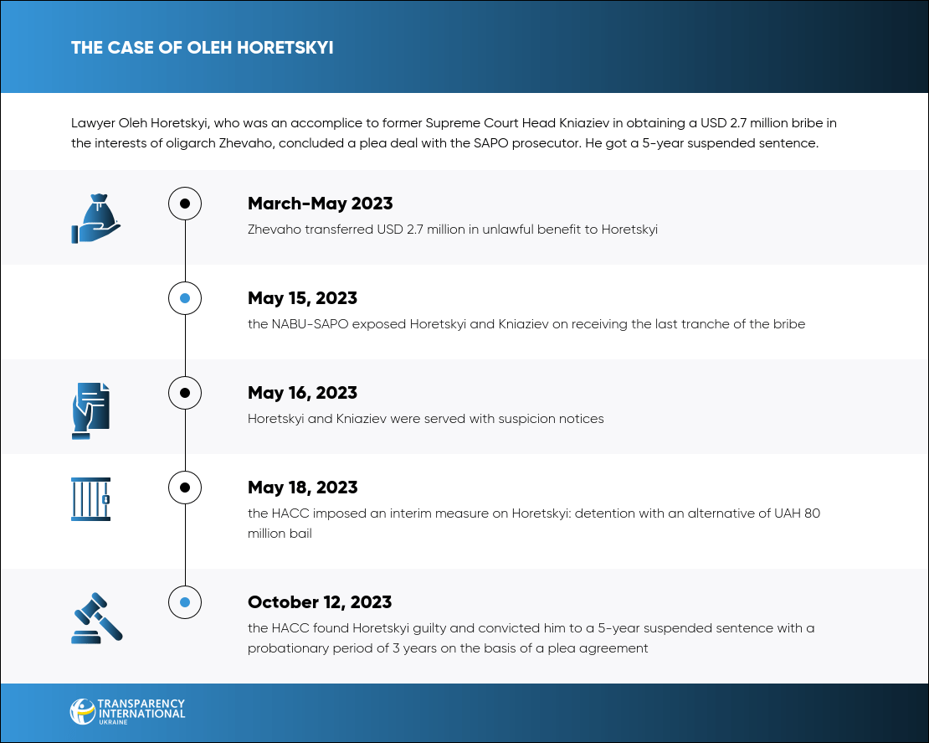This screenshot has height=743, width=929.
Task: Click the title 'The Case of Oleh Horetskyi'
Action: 202,48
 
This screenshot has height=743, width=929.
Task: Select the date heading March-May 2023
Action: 320,204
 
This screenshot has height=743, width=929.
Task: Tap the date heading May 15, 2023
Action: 302,298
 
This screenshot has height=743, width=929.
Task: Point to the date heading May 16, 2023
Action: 302,393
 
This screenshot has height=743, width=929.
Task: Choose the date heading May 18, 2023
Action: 302,488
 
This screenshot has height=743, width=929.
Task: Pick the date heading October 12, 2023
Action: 320,602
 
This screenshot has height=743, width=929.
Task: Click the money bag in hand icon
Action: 95,219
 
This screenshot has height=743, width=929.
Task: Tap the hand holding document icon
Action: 91,411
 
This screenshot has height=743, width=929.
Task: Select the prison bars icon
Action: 90,499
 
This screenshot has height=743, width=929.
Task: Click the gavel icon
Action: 97,618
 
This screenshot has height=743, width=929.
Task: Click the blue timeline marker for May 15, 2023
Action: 185,298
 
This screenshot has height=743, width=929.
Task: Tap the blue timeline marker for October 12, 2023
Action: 185,602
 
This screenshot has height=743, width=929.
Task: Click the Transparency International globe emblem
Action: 82,711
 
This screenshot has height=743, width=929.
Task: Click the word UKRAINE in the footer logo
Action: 113,722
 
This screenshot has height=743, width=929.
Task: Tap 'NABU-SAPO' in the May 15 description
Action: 310,324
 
